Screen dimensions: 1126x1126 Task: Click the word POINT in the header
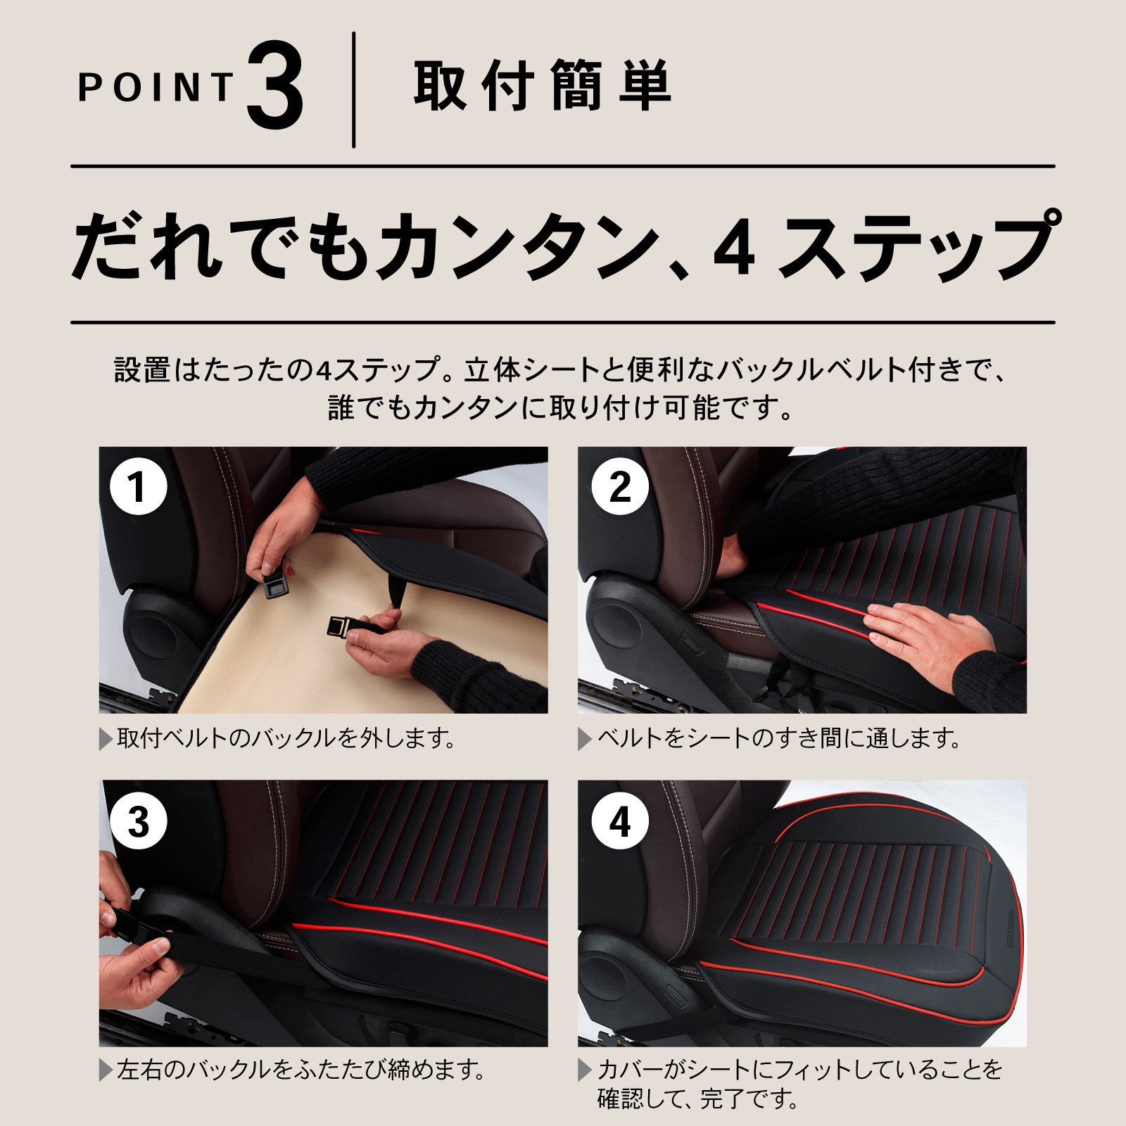point(156,87)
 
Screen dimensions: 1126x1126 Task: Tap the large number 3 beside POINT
point(275,87)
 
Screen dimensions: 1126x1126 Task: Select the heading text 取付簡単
point(542,86)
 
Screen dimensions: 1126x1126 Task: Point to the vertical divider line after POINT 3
point(353,89)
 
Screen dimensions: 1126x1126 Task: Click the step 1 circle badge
point(139,486)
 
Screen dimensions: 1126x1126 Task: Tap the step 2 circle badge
point(620,486)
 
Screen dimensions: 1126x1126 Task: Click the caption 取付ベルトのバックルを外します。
point(286,738)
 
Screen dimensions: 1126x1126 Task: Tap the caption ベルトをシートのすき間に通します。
point(778,738)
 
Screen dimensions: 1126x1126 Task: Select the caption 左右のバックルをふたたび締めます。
point(301,1070)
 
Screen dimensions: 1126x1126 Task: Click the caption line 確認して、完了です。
point(697,1099)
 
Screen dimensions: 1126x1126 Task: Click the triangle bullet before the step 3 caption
point(106,1070)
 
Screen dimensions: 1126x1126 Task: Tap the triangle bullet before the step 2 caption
point(585,739)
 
